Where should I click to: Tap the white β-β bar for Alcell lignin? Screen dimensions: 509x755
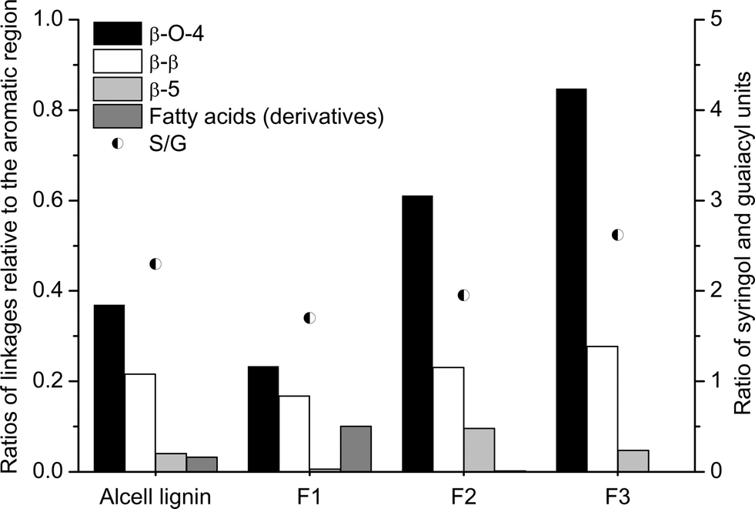coord(140,422)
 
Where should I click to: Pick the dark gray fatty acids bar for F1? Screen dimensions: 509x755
coord(356,448)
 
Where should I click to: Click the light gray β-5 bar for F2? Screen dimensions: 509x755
coord(479,449)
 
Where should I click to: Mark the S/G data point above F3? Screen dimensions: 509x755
coord(617,235)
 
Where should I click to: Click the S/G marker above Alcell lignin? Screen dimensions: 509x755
coord(155,264)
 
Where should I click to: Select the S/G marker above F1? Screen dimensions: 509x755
coord(309,318)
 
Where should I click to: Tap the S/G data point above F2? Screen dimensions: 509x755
coord(463,295)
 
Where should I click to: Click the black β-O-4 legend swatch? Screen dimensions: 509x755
coord(117,34)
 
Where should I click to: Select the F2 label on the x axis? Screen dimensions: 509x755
coord(463,492)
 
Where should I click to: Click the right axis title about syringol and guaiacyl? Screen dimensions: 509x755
coord(740,245)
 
